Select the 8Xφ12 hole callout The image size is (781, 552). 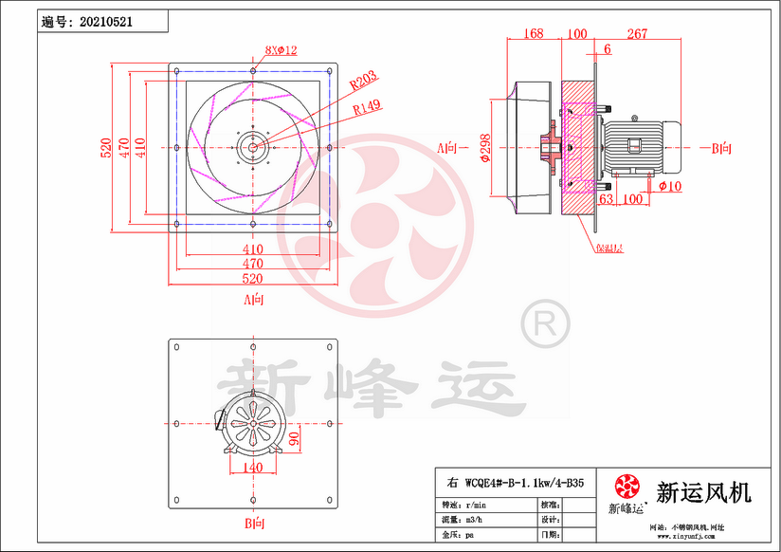coord(281,51)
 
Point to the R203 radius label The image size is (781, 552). coord(364,83)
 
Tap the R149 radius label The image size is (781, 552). coord(367,107)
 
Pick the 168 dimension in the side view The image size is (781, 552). coord(533,34)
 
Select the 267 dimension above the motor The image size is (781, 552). coord(637,34)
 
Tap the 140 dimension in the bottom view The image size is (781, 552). coord(253,467)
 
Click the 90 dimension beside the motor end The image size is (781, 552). coord(295,439)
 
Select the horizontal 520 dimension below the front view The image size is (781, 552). coord(253,279)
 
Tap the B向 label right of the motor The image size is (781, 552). coord(721,148)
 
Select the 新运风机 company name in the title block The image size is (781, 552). coord(704,492)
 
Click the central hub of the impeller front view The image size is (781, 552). coord(253,147)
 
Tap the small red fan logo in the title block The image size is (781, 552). coord(627,488)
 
